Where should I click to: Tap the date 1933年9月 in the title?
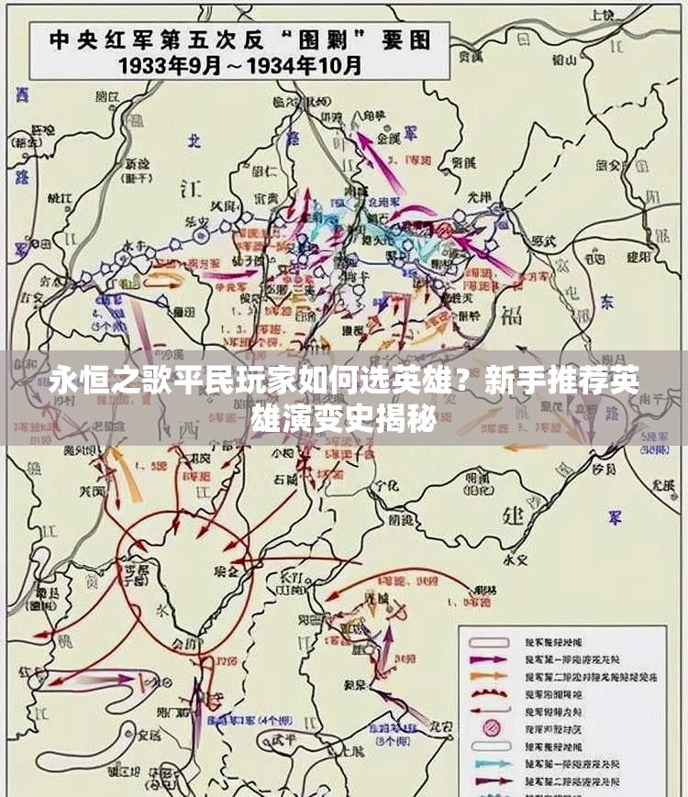click(x=183, y=66)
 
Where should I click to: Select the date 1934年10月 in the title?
click(x=307, y=66)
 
